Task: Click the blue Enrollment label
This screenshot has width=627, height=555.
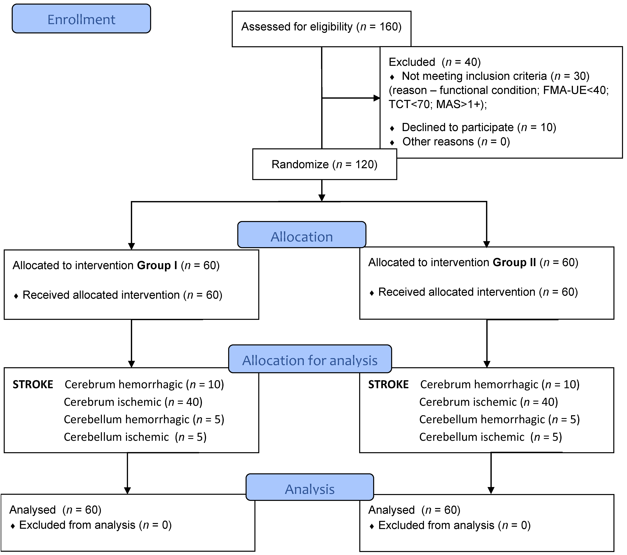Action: click(81, 19)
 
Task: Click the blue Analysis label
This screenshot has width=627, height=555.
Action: click(310, 489)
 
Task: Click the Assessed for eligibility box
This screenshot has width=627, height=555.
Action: click(321, 27)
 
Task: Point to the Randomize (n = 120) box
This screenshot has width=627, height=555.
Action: click(324, 164)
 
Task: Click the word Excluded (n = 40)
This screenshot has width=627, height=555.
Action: click(434, 62)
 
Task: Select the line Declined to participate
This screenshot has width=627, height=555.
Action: click(479, 127)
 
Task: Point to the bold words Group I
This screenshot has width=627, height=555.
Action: click(157, 265)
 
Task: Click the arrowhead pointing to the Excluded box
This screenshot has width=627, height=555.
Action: click(377, 98)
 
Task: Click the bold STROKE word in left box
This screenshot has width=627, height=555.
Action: click(33, 384)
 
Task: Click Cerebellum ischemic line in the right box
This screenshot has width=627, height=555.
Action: click(490, 437)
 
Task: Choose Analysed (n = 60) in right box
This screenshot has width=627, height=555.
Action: click(414, 510)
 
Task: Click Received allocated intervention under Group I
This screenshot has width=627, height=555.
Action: click(122, 295)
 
